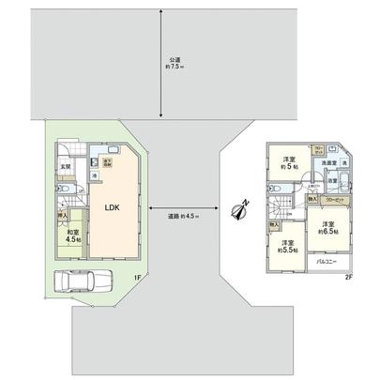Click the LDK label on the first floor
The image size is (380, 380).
(x=111, y=207)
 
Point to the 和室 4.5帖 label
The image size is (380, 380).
(x=71, y=235)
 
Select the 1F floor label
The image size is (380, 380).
(x=136, y=276)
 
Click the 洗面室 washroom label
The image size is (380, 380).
(x=326, y=164)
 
